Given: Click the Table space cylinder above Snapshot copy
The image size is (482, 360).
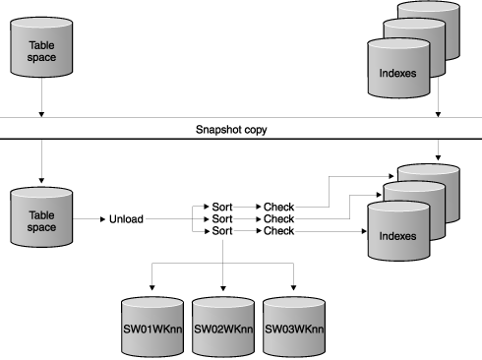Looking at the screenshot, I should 42,50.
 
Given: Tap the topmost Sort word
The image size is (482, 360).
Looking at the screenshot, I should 223,207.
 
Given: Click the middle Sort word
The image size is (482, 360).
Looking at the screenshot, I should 223,218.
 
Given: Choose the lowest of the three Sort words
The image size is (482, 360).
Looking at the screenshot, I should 223,230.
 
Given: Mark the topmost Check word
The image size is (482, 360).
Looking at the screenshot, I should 278,207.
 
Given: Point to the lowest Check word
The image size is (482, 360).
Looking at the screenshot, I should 278,230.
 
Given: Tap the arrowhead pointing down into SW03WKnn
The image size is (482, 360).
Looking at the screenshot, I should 292,285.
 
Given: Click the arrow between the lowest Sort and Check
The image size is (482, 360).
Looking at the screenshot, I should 249,230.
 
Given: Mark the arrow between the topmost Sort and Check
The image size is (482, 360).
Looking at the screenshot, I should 249,207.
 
